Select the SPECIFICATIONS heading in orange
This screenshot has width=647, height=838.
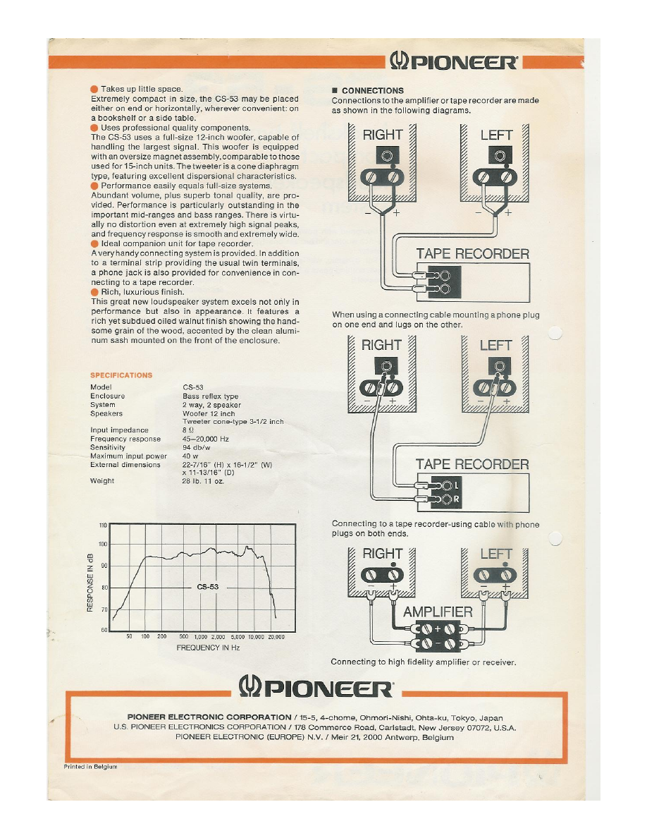(x=121, y=375)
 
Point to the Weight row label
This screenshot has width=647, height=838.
(x=103, y=481)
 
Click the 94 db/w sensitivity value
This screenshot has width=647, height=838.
(x=197, y=447)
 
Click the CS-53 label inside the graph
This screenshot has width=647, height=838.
(x=208, y=587)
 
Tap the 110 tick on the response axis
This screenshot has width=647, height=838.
(x=102, y=526)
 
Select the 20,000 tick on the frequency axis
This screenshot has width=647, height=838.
(x=276, y=636)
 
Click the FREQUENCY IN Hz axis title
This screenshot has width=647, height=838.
(x=208, y=647)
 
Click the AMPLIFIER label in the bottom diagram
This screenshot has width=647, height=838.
(x=437, y=612)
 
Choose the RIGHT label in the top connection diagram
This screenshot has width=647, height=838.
(x=382, y=135)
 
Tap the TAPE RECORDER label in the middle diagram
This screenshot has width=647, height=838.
(x=472, y=463)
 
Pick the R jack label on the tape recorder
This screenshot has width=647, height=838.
(x=456, y=500)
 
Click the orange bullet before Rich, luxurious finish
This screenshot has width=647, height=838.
(x=94, y=291)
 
